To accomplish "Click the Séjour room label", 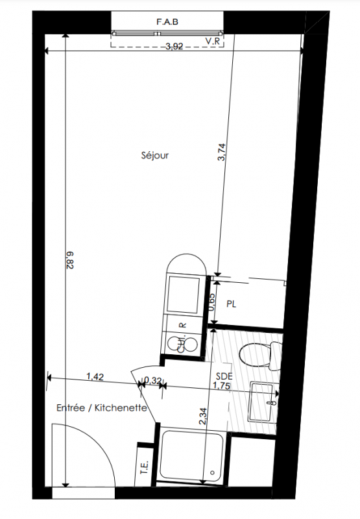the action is pos(155,155).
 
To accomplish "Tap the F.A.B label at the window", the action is pos(167,22).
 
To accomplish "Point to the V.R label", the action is pos(213,41).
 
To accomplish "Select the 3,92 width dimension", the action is pos(174,46).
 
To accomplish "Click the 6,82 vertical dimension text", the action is pos(70,260).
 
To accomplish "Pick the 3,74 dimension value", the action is pos(221,152).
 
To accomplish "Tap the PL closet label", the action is pos(232,304).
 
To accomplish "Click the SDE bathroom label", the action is pos(224,376).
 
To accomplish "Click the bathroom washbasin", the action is pos(264,402).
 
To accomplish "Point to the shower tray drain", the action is pos(212,472).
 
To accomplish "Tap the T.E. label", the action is pos(144,467).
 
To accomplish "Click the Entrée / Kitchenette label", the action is pos(102,408).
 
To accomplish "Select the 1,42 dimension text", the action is pos(95,377).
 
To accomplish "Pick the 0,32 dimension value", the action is pos(153,381).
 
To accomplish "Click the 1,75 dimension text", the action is pos(221,385).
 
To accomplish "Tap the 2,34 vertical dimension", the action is pos(203,416).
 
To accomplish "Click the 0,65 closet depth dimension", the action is pos(211,302).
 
